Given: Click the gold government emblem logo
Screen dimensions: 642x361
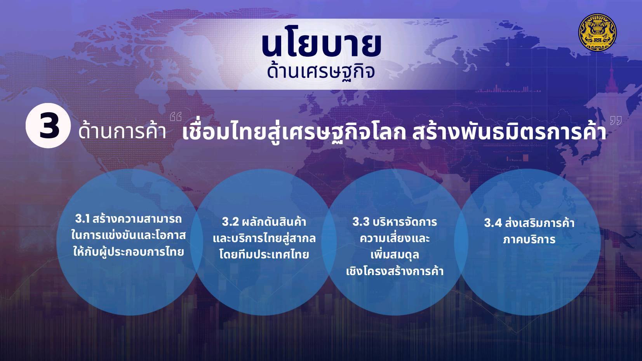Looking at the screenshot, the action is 597,32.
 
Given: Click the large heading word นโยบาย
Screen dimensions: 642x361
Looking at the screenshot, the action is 321,45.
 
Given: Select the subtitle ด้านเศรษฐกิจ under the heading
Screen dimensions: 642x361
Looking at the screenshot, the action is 321,72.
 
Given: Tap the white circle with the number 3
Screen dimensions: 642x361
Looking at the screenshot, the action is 48,126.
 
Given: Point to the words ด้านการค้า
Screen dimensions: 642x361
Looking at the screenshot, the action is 122,132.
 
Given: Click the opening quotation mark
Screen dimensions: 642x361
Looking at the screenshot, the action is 176,117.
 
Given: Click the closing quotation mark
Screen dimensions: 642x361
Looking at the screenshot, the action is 616,120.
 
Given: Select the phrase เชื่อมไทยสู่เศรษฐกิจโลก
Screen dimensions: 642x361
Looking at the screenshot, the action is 294,133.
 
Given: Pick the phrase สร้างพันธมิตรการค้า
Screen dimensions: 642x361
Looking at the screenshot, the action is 510,133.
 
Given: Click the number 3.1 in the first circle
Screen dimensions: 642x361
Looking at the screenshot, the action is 82,219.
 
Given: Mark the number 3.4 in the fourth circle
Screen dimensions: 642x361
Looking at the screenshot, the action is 493,223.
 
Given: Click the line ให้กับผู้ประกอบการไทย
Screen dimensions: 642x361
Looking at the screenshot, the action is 129,252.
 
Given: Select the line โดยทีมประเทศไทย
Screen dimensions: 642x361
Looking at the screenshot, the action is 264,255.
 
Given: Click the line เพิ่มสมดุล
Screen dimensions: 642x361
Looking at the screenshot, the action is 395,255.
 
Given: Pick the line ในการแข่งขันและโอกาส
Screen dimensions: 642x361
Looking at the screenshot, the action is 129,235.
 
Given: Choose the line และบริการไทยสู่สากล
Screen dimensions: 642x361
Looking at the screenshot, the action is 264,238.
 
